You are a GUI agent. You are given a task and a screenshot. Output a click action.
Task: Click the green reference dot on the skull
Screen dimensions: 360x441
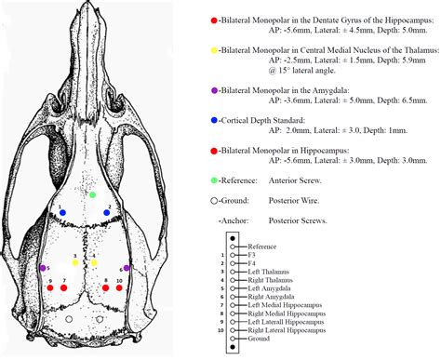(x=93, y=194)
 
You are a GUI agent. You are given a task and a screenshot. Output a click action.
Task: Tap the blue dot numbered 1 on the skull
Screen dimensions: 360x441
(x=63, y=213)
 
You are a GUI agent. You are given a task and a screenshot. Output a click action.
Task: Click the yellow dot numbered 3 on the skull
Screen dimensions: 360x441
(x=75, y=263)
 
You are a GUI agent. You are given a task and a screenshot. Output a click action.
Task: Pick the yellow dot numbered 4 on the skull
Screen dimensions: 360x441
(x=94, y=263)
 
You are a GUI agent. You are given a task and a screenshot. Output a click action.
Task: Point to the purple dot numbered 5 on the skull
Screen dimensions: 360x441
(x=45, y=269)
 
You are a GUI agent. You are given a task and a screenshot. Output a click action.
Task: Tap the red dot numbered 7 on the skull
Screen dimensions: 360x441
(x=63, y=288)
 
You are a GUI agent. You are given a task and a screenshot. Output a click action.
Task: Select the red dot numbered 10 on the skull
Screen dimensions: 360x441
(x=121, y=288)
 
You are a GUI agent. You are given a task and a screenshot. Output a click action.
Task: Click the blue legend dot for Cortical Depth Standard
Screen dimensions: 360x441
(x=215, y=119)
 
